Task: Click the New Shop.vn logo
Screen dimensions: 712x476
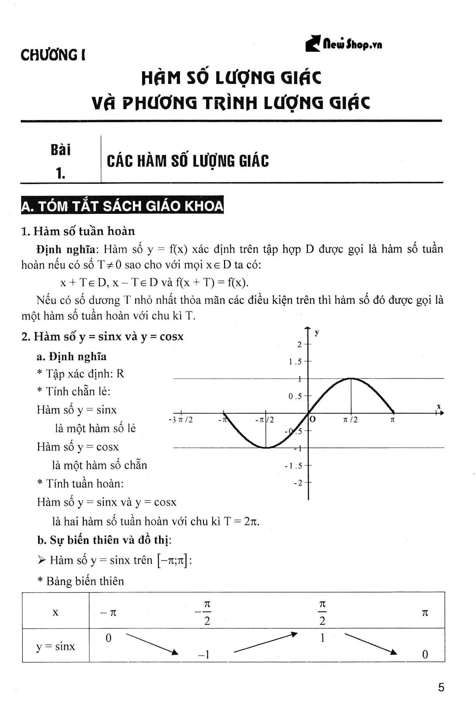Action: tap(344, 44)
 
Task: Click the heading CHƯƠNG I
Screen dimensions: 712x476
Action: tap(53, 55)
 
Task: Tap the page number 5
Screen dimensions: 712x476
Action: tap(441, 688)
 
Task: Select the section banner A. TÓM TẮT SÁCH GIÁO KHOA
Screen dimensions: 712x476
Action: tap(122, 206)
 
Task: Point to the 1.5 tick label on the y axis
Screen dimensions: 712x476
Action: tap(295, 362)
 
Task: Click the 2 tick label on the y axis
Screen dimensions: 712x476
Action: tap(299, 344)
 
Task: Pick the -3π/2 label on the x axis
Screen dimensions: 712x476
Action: tap(181, 420)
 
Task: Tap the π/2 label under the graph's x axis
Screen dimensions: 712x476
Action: tap(350, 420)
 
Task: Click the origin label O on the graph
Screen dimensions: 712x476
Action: tap(313, 420)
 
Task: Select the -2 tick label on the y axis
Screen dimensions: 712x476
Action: tap(298, 483)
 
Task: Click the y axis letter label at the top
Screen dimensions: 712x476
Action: tap(317, 332)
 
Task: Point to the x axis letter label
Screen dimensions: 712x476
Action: tap(439, 406)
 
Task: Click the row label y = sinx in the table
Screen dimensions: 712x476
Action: tap(56, 646)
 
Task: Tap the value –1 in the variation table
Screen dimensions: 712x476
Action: tap(203, 655)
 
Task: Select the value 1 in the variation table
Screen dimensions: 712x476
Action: tap(322, 638)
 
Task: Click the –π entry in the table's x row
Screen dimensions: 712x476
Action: tap(109, 613)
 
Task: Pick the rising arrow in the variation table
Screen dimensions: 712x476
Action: tap(265, 643)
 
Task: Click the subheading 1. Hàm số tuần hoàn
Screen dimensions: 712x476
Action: tap(78, 231)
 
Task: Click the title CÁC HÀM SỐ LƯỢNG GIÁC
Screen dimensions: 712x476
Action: tap(188, 161)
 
